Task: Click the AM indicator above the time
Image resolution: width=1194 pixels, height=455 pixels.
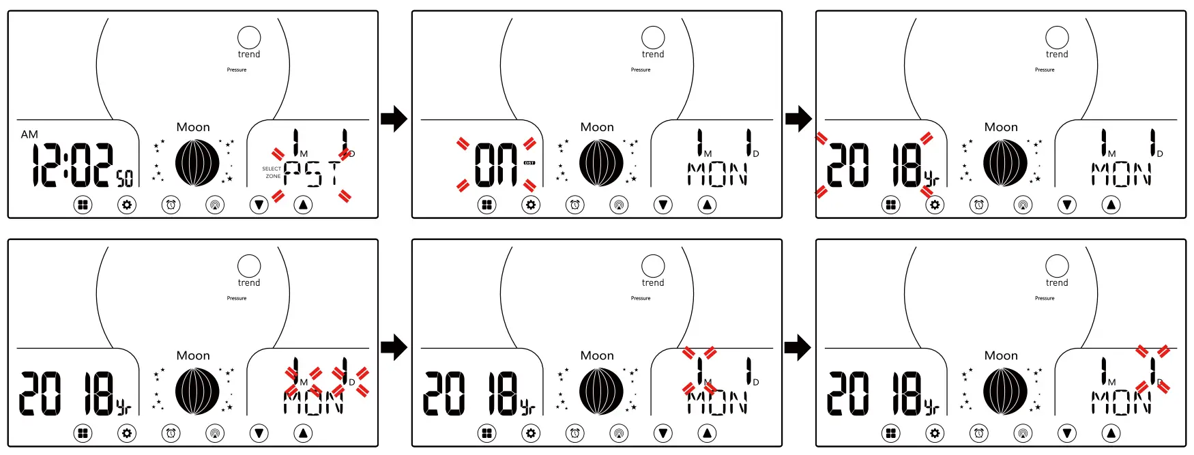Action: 29,134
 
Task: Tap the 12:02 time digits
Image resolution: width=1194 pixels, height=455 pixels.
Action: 72,165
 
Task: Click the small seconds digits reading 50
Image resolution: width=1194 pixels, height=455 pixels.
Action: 124,179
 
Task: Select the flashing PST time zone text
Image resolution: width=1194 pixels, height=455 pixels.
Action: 311,174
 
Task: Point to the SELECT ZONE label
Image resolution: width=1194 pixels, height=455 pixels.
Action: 272,173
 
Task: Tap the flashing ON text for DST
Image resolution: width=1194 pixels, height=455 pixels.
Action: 496,165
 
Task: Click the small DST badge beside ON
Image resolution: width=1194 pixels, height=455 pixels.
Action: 529,163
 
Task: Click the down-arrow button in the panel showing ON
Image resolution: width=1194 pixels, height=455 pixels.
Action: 663,204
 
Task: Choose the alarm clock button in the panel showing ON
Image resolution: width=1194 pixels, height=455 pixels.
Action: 575,204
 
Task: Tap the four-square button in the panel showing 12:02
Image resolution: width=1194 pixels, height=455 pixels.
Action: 83,204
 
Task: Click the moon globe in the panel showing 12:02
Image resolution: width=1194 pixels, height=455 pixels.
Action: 197,163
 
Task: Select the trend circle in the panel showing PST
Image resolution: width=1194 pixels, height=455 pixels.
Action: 249,38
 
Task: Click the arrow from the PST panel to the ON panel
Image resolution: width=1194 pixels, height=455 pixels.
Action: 394,119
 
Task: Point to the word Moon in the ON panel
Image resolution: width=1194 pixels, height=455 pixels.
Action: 597,127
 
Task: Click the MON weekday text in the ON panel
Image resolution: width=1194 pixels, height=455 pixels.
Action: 717,174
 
